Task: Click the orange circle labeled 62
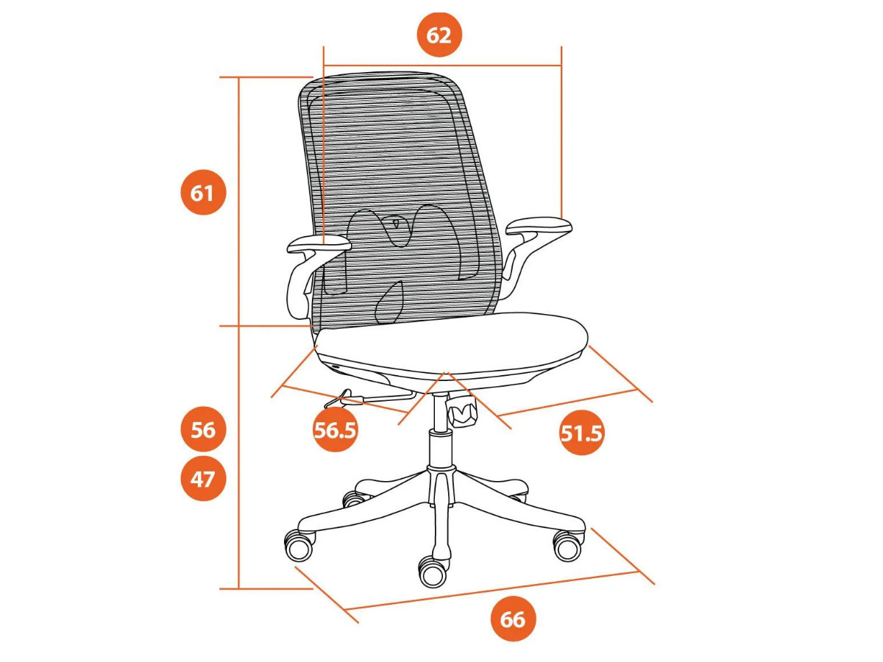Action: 439,35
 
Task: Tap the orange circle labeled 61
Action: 203,193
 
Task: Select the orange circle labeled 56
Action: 203,430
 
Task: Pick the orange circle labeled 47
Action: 203,479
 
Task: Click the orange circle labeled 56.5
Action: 335,430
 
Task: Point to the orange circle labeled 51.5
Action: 582,433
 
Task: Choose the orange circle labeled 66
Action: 514,619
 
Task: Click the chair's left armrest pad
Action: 319,244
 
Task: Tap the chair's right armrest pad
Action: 539,227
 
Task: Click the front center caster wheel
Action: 433,572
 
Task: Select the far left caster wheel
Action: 299,546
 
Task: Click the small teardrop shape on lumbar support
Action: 397,222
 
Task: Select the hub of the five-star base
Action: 441,484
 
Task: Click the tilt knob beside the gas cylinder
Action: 463,410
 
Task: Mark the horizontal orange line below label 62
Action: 442,65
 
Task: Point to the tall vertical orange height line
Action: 239,332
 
